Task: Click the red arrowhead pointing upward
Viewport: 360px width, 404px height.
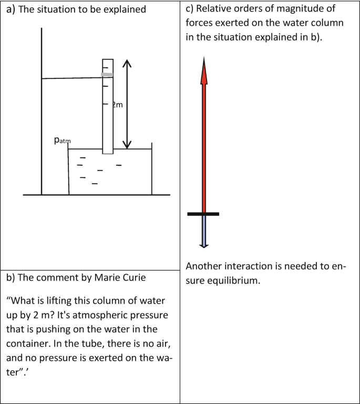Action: [x=204, y=72]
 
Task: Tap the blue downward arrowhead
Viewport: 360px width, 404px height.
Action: [x=204, y=244]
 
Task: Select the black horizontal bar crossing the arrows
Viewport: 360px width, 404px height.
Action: [x=203, y=214]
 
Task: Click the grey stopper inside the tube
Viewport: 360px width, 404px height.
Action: [x=107, y=75]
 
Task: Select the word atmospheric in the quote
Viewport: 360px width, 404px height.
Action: [x=89, y=315]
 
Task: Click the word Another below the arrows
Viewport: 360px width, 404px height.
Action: [x=203, y=267]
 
